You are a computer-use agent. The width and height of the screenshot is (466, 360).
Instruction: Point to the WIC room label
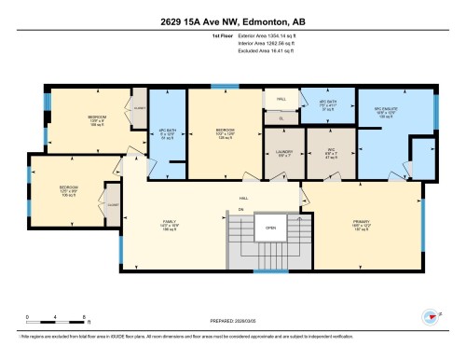click(x=331, y=156)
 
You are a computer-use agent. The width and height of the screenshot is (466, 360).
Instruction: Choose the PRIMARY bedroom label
click(x=363, y=225)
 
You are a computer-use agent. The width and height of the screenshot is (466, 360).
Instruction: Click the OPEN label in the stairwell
click(x=270, y=228)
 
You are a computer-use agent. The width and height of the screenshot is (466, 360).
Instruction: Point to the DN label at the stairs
click(x=240, y=210)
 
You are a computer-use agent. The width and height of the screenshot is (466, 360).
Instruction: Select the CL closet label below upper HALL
click(x=280, y=118)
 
